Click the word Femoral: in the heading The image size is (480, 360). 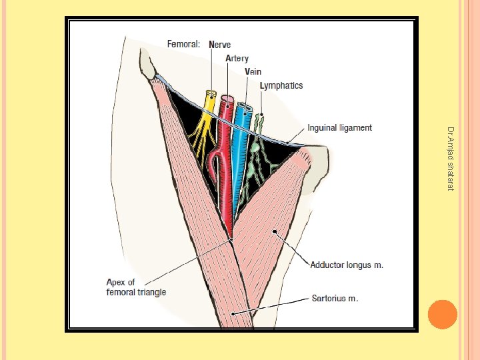tap(184, 45)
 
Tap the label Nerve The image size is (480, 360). tap(220, 45)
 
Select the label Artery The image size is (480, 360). tap(237, 59)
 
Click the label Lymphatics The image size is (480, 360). tap(281, 85)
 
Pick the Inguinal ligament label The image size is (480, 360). tap(339, 127)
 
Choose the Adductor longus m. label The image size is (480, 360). tap(347, 265)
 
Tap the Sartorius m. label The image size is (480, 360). tap(335, 298)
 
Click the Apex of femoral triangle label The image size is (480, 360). tap(136, 287)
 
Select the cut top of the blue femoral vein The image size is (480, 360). tap(243, 107)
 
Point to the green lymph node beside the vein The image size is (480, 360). tap(255, 146)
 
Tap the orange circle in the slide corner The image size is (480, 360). tap(441, 315)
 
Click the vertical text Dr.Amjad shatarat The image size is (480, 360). tap(451, 159)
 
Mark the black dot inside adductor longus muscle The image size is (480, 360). tap(274, 231)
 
